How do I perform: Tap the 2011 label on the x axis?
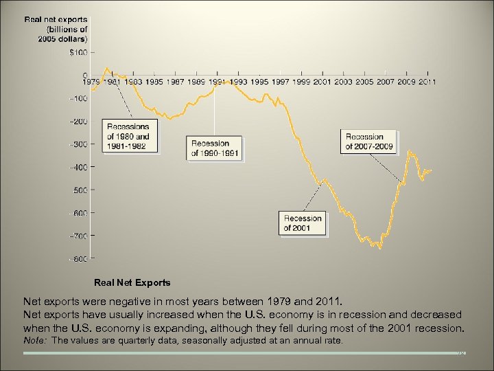(x=428, y=82)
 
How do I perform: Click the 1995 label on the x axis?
(x=260, y=82)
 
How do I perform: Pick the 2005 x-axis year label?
(x=364, y=82)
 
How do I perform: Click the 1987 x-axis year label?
(x=176, y=82)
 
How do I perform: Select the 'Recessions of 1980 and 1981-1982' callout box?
(x=128, y=137)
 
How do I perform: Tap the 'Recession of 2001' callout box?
(x=303, y=223)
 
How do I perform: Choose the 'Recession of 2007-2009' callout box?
(x=369, y=142)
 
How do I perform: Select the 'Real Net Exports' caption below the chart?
(x=132, y=282)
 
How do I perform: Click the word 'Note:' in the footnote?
(x=36, y=340)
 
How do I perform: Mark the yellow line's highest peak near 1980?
(x=106, y=68)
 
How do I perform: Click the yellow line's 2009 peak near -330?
(x=410, y=152)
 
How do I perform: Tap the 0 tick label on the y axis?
(x=85, y=76)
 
